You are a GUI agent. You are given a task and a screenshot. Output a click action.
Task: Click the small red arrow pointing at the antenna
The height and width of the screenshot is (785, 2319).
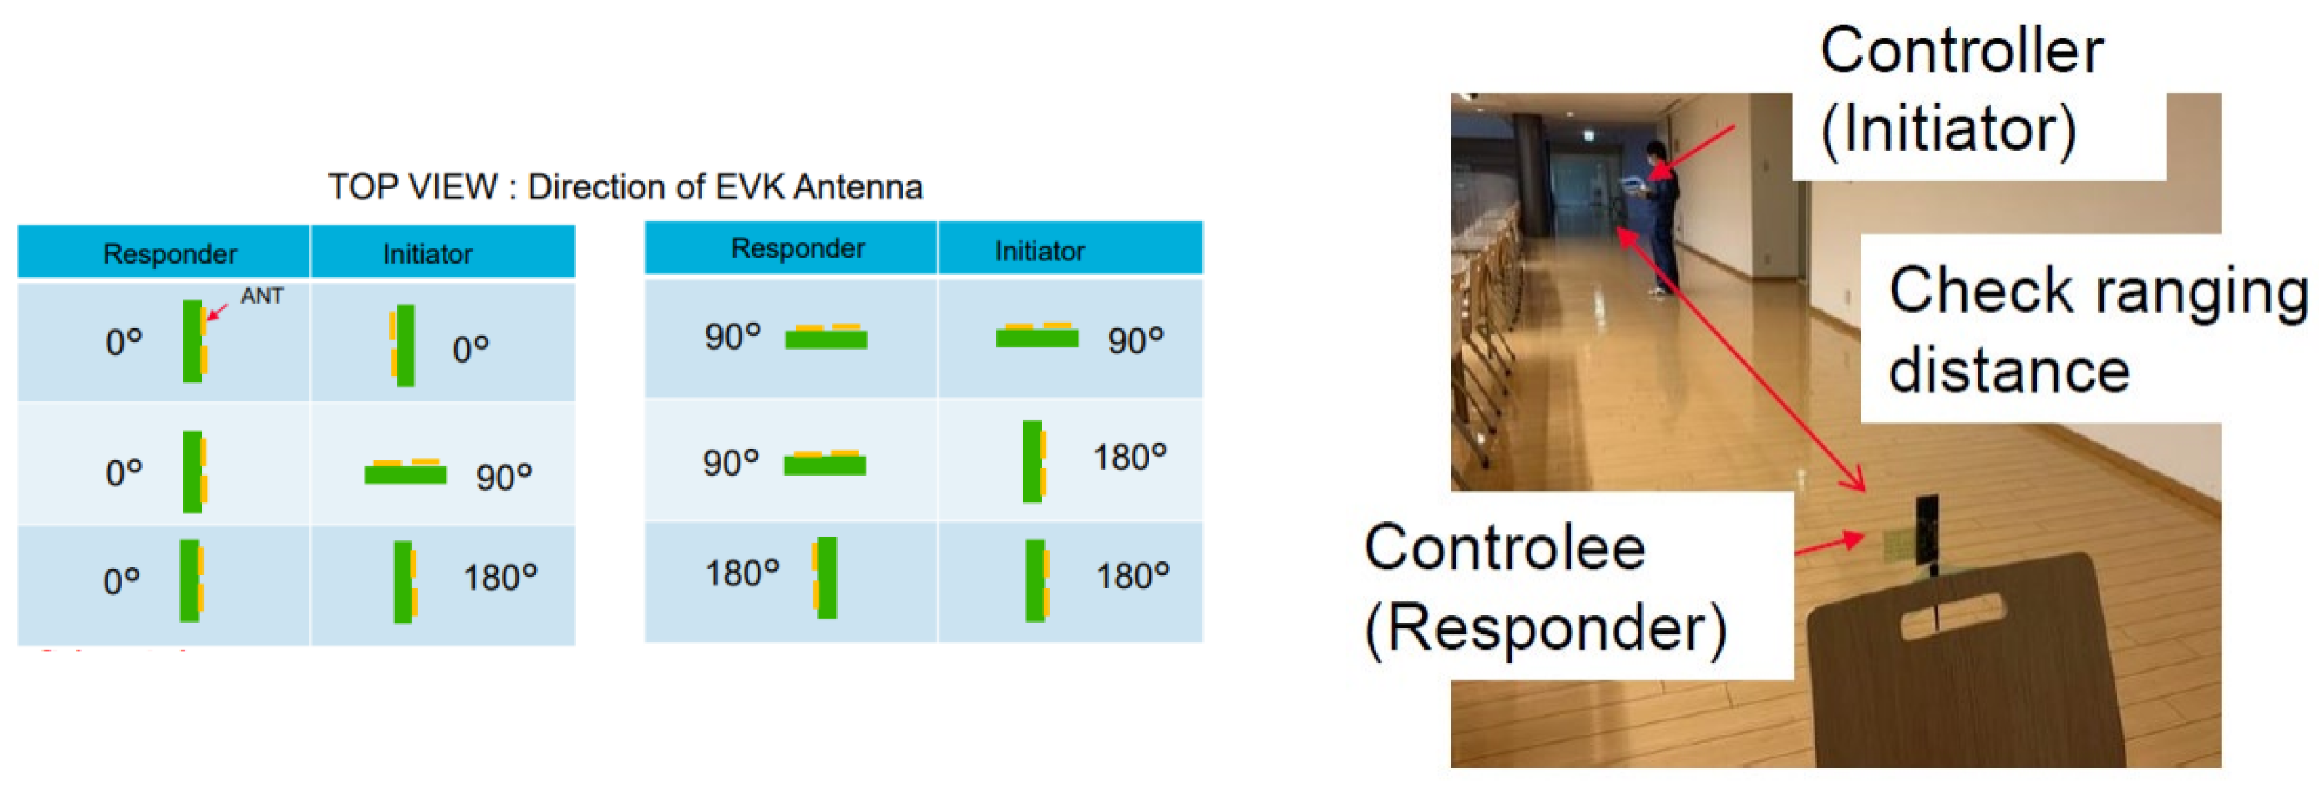[217, 312]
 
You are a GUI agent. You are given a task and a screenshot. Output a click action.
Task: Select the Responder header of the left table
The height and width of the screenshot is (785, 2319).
[170, 254]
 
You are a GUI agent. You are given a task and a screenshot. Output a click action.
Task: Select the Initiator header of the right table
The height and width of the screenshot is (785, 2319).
[1040, 251]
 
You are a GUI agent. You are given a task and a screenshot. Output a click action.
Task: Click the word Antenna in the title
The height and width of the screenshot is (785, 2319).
[859, 187]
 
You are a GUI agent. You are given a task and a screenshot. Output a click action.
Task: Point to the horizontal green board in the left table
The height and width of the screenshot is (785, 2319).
[405, 472]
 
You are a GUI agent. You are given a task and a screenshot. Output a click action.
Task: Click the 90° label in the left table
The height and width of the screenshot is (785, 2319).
[504, 477]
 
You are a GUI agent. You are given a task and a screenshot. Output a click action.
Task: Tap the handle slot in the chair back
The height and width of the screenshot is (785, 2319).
[1953, 618]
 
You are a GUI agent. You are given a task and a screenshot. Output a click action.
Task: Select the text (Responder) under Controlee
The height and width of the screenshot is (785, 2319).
[1546, 628]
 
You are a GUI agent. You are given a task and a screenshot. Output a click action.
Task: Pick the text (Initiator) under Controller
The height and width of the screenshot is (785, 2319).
[1949, 130]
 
